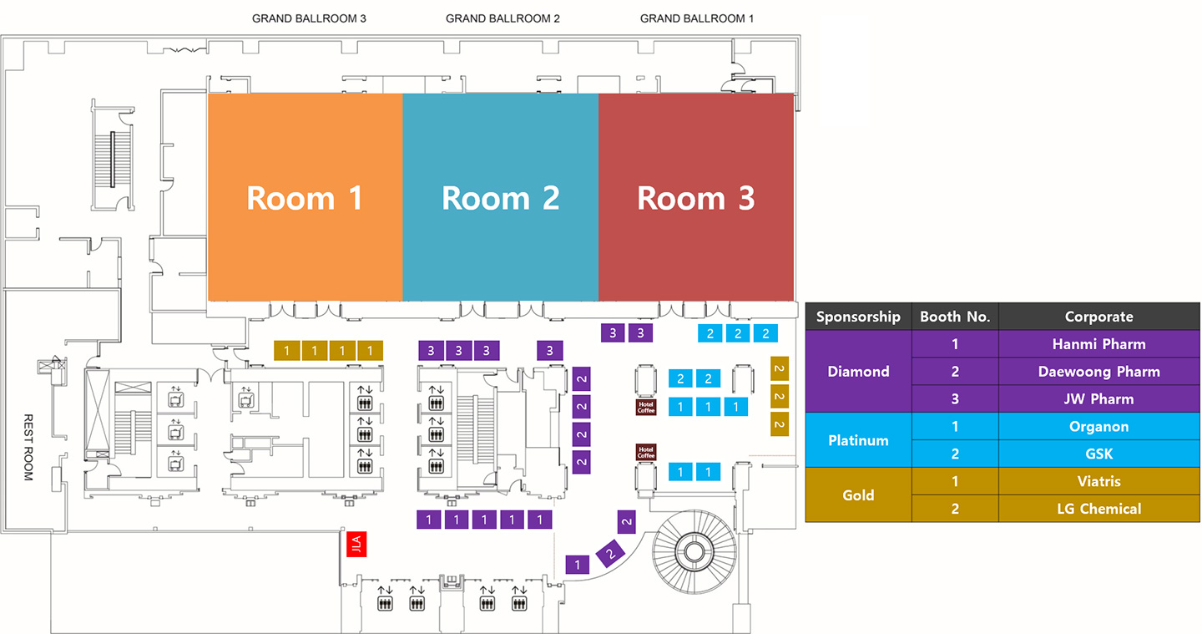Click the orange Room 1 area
pos(305,197)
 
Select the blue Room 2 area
pos(500,197)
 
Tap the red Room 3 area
pos(696,197)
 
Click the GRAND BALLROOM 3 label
pos(309,18)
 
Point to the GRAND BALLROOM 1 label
pos(697,18)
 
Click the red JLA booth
pos(356,546)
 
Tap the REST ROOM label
pos(28,447)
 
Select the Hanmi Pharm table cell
pos(1098,344)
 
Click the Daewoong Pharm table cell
pos(1098,372)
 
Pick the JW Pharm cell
pos(1098,399)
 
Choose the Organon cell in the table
pos(1098,427)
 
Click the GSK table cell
pos(1098,454)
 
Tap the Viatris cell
pos(1098,482)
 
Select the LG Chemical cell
pos(1098,509)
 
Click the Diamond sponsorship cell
pos(858,372)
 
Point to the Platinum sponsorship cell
pos(858,440)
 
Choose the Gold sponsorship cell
pos(858,495)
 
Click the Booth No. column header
pos(955,317)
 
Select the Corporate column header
pos(1098,317)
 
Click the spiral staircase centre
pos(692,550)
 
